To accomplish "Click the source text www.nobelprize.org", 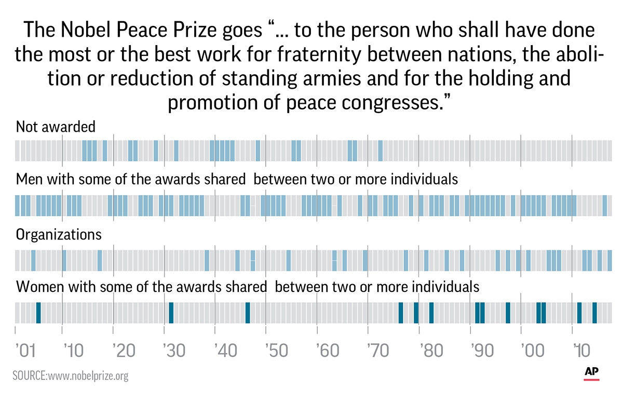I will click(70, 375).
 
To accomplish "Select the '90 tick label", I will click(481, 351).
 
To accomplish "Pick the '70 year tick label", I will click(378, 351).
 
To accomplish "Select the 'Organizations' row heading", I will click(59, 234).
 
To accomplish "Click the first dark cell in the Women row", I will click(38, 313).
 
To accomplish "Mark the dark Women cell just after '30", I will click(171, 313).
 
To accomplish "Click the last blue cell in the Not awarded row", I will click(380, 150).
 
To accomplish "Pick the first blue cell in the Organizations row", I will click(33, 260).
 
